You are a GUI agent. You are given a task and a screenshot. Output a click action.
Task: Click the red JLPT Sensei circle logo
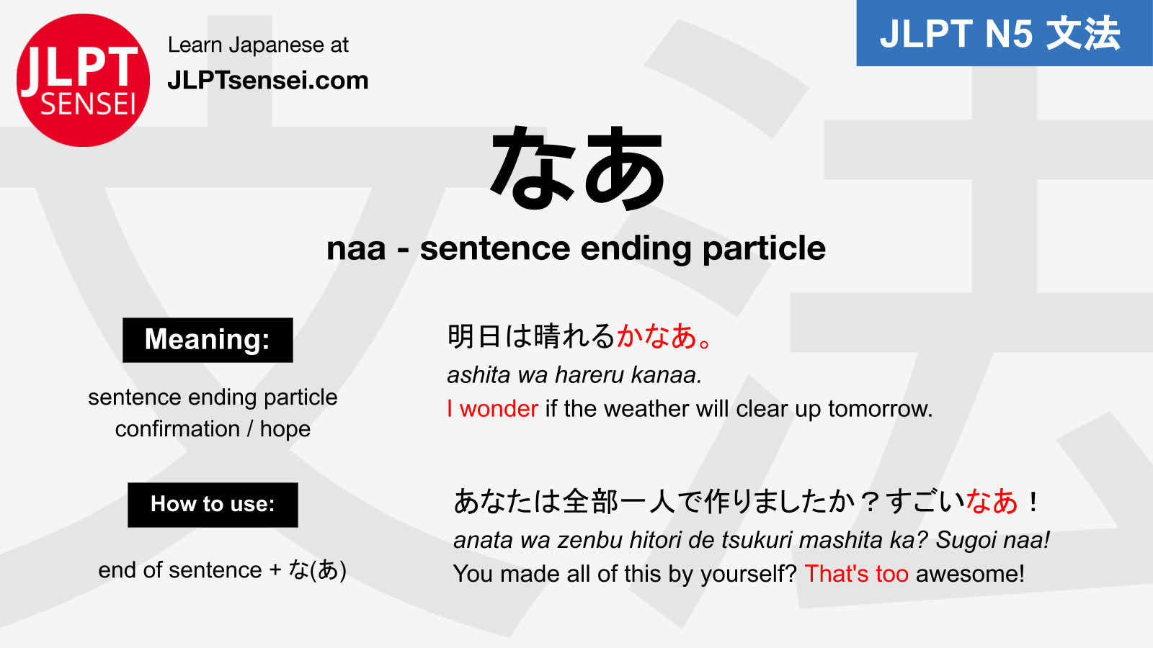click(83, 80)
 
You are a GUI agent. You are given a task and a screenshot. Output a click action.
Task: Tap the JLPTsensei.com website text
click(268, 81)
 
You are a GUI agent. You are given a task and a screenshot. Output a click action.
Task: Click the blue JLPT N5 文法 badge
click(1005, 33)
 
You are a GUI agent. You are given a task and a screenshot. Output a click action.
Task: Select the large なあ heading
click(578, 168)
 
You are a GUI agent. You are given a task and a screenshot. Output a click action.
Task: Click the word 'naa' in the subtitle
click(356, 248)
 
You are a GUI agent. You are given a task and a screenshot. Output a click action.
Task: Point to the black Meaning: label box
click(208, 340)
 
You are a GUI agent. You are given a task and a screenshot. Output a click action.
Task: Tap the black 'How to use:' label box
click(213, 505)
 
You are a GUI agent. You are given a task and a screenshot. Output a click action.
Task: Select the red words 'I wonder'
click(493, 409)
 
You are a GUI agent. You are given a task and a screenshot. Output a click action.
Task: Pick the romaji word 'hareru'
click(590, 375)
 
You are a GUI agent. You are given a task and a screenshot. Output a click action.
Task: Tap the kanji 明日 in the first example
click(475, 336)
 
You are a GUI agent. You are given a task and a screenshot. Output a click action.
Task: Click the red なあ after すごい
click(992, 501)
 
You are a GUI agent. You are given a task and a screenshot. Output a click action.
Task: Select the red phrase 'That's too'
click(857, 574)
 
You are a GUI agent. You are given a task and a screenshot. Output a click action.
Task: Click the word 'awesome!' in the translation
click(970, 574)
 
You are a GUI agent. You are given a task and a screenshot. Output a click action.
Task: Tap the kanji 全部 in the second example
click(590, 501)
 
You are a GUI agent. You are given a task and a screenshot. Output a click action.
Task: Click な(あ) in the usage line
click(317, 570)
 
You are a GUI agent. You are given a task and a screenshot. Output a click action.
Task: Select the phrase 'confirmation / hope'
click(213, 429)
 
